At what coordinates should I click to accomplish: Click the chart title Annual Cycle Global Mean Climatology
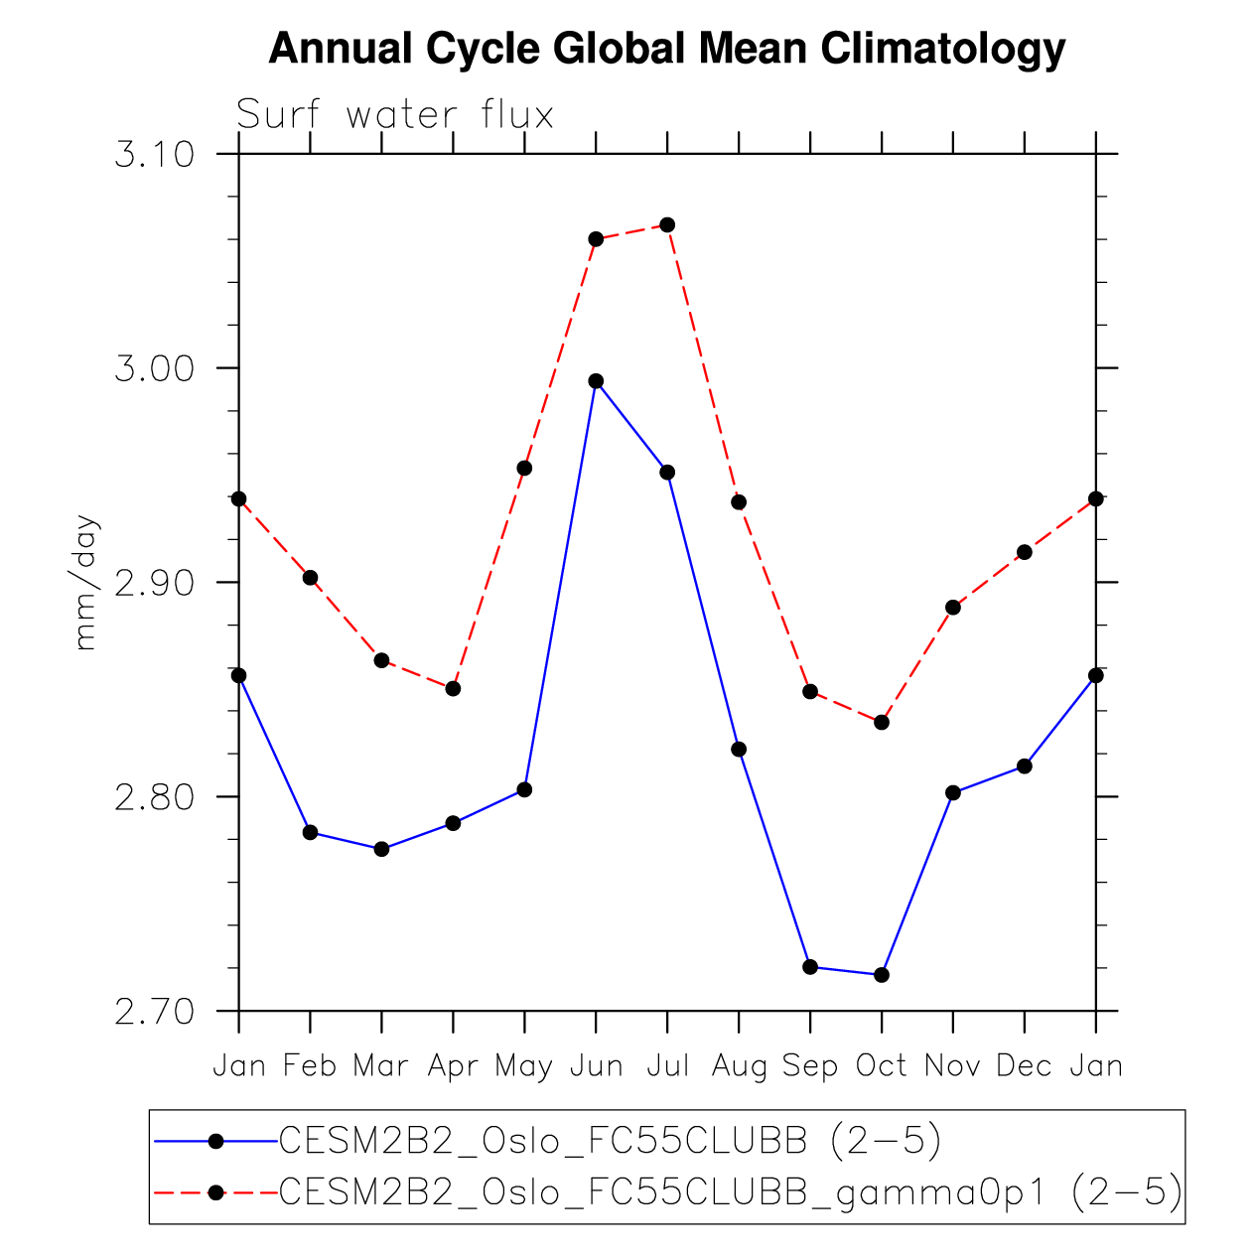pyautogui.click(x=666, y=48)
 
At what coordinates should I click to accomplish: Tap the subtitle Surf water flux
pyautogui.click(x=395, y=116)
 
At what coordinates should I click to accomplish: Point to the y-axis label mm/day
pyautogui.click(x=86, y=582)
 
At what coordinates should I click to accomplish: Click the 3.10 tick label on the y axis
pyautogui.click(x=153, y=155)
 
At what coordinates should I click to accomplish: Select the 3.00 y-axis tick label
pyautogui.click(x=153, y=368)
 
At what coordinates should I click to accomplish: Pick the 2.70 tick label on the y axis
pyautogui.click(x=153, y=1012)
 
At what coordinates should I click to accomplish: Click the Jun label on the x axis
pyautogui.click(x=596, y=1066)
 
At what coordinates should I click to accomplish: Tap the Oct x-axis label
pyautogui.click(x=882, y=1066)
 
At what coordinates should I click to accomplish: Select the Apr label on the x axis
pyautogui.click(x=453, y=1066)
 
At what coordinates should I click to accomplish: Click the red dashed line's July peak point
pyautogui.click(x=667, y=224)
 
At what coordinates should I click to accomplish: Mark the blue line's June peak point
pyautogui.click(x=596, y=381)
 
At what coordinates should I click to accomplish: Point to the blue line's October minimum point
pyautogui.click(x=882, y=975)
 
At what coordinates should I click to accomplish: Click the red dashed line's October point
pyautogui.click(x=882, y=722)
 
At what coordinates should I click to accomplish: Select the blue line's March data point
pyautogui.click(x=381, y=849)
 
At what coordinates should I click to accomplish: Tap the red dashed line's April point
pyautogui.click(x=453, y=688)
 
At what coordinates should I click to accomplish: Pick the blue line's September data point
pyautogui.click(x=810, y=966)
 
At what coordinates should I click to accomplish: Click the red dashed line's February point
pyautogui.click(x=310, y=578)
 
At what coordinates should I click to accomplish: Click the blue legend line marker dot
pyautogui.click(x=215, y=1142)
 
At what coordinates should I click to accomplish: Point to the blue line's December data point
pyautogui.click(x=1025, y=766)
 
